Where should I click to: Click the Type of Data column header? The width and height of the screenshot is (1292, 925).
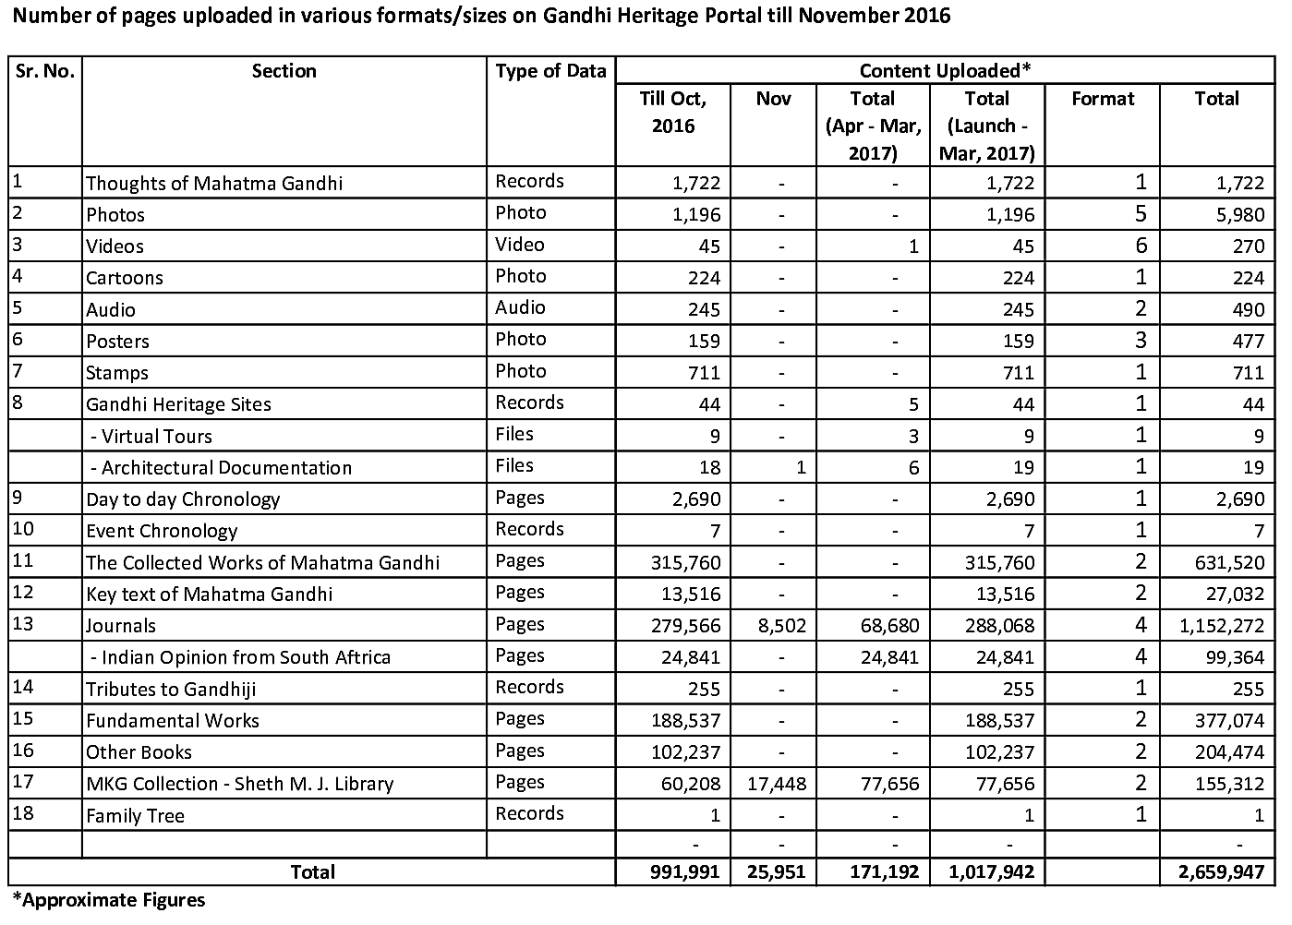(x=550, y=71)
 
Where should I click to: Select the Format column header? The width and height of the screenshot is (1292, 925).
(x=1103, y=99)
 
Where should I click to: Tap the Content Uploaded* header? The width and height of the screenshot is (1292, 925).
(x=944, y=71)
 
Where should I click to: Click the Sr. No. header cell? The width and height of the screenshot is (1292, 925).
(x=44, y=71)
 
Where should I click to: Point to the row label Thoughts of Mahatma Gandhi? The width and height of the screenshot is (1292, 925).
(x=213, y=183)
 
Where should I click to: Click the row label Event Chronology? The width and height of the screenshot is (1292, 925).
(x=162, y=531)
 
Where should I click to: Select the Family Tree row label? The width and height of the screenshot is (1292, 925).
(x=135, y=815)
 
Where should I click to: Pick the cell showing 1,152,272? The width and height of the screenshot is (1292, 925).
(x=1221, y=626)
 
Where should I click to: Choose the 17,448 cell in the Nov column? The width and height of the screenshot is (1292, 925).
(x=775, y=784)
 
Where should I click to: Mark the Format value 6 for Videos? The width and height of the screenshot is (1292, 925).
(x=1141, y=246)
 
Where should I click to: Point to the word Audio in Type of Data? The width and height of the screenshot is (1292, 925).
(x=520, y=307)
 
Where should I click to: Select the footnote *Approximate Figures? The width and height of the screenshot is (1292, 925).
(x=108, y=900)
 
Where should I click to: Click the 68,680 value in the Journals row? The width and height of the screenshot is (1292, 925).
(x=885, y=626)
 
